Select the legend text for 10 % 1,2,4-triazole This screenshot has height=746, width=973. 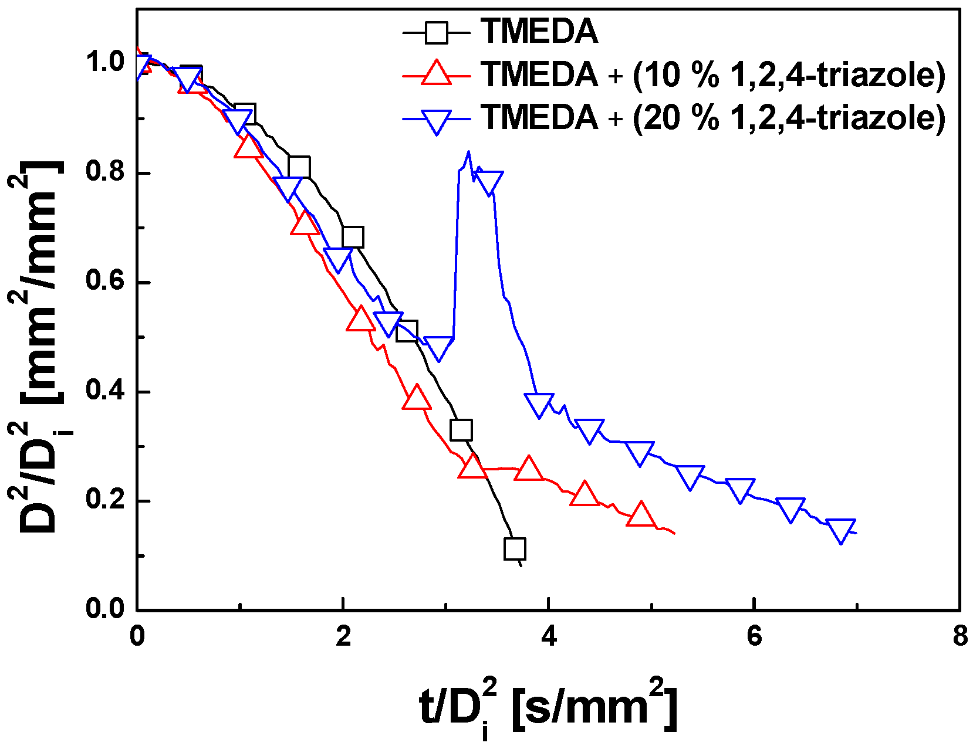712,75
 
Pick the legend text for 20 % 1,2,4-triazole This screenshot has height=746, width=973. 712,118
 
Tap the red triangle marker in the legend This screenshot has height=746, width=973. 437,74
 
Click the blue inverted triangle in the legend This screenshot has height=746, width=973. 437,120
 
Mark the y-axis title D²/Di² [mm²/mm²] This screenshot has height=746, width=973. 41,346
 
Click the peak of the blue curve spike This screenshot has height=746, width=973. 468,152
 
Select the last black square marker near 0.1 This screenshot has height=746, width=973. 515,549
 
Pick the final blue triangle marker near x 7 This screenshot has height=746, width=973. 840,530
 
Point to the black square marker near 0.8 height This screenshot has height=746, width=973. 299,167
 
